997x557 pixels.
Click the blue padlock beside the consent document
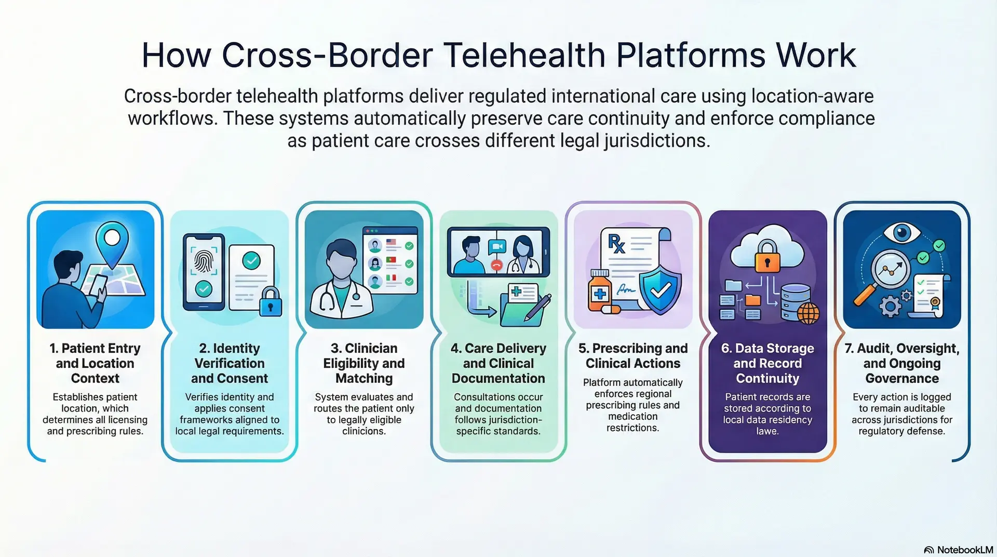pyautogui.click(x=270, y=301)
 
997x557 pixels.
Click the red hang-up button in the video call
pyautogui.click(x=497, y=266)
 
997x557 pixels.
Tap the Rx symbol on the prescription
pyautogui.click(x=616, y=243)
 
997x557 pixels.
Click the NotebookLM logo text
pyautogui.click(x=964, y=550)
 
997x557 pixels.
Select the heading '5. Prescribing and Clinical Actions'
pyautogui.click(x=633, y=355)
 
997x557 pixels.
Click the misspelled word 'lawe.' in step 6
pyautogui.click(x=767, y=431)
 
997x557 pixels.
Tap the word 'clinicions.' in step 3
pyautogui.click(x=363, y=431)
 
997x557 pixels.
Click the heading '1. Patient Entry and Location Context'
pyautogui.click(x=95, y=363)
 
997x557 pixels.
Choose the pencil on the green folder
pyautogui.click(x=537, y=307)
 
